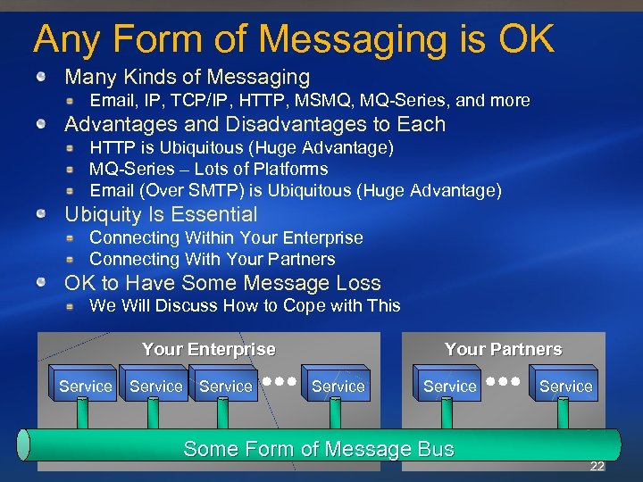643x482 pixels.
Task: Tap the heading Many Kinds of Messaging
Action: [x=187, y=78]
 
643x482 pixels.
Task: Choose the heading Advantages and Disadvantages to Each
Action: [x=255, y=124]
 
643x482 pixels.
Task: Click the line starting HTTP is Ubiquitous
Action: [x=241, y=147]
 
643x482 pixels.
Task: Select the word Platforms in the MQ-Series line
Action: [x=291, y=169]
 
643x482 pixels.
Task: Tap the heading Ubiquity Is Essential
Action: [x=161, y=214]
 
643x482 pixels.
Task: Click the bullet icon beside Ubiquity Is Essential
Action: [x=42, y=214]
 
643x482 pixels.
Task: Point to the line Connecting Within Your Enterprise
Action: [x=226, y=237]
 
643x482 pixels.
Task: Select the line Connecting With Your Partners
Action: [x=212, y=260]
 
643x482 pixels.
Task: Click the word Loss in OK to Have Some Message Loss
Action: [x=358, y=283]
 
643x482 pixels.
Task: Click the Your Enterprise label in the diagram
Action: [x=208, y=349]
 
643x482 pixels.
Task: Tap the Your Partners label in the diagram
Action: [x=503, y=349]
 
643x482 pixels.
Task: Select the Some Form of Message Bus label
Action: [x=318, y=449]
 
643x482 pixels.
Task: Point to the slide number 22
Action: [x=597, y=467]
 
